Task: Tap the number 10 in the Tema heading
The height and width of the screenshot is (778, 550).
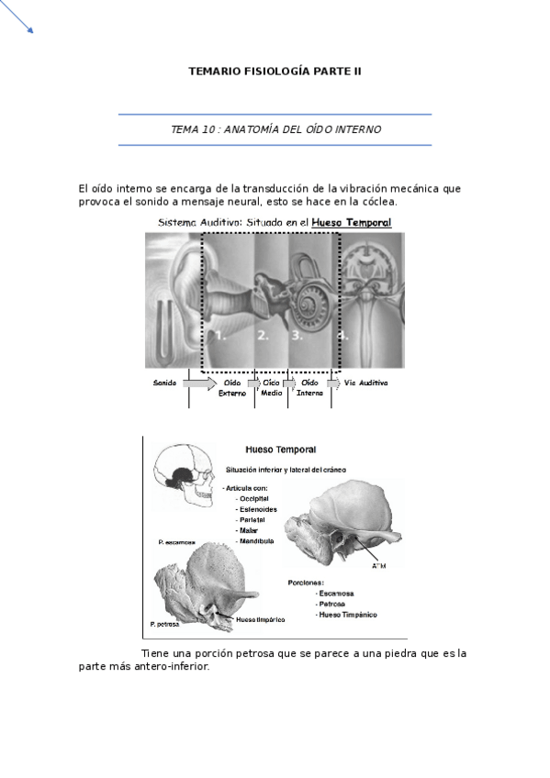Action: coord(208,129)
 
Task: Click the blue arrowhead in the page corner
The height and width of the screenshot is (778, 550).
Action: coord(30,30)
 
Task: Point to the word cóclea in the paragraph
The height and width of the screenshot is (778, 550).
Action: coord(376,201)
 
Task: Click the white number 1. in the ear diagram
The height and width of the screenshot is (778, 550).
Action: coord(220,336)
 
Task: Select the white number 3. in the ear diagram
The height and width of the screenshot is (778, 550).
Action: coord(297,336)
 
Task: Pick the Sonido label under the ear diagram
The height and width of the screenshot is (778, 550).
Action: coord(165,382)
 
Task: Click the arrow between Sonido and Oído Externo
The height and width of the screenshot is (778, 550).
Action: coord(200,382)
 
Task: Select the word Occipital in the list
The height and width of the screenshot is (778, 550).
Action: coord(253,497)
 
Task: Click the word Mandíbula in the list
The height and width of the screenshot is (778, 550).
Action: coord(257,541)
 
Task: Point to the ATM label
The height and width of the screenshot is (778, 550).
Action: coord(378,565)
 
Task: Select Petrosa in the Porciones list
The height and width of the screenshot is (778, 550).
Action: coord(333,604)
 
